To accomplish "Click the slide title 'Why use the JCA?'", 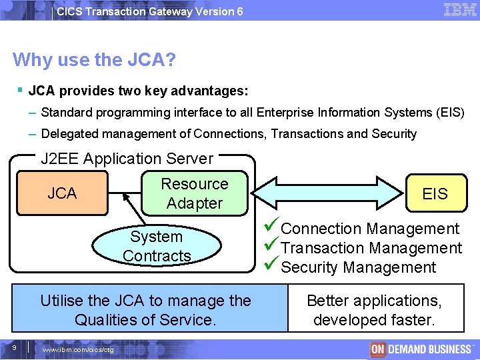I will click(x=94, y=60).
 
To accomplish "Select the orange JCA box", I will click(x=62, y=193).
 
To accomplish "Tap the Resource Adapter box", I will click(x=195, y=193).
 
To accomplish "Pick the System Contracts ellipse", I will click(x=157, y=246).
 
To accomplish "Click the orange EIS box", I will click(x=435, y=193).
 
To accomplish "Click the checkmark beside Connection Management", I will click(x=273, y=228).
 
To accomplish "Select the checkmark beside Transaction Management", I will click(x=273, y=247).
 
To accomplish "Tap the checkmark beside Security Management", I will click(x=273, y=267).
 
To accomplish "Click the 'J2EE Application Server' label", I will click(x=127, y=159).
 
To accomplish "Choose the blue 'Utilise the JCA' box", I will click(x=145, y=310).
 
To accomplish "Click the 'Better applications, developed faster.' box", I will click(x=374, y=310).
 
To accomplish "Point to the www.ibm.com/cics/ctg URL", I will click(x=78, y=350).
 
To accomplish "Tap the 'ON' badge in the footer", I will click(x=378, y=349).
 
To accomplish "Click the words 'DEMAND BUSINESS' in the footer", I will click(x=429, y=349).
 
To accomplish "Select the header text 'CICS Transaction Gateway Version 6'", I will click(x=150, y=11).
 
